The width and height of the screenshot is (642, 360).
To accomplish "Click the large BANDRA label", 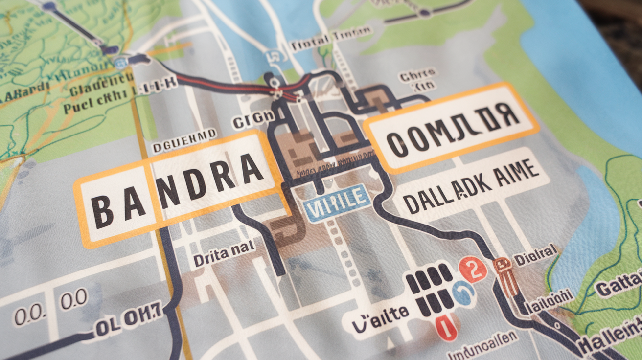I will pyautogui.click(x=179, y=188).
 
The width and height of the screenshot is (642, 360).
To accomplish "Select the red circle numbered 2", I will pyautogui.click(x=473, y=269).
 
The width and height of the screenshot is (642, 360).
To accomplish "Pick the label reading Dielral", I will pyautogui.click(x=536, y=255).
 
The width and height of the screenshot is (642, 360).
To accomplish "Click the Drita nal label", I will pyautogui.click(x=224, y=255).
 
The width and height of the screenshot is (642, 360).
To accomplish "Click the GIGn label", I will pyautogui.click(x=253, y=120).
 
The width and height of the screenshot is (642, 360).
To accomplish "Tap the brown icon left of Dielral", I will pyautogui.click(x=504, y=274).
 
